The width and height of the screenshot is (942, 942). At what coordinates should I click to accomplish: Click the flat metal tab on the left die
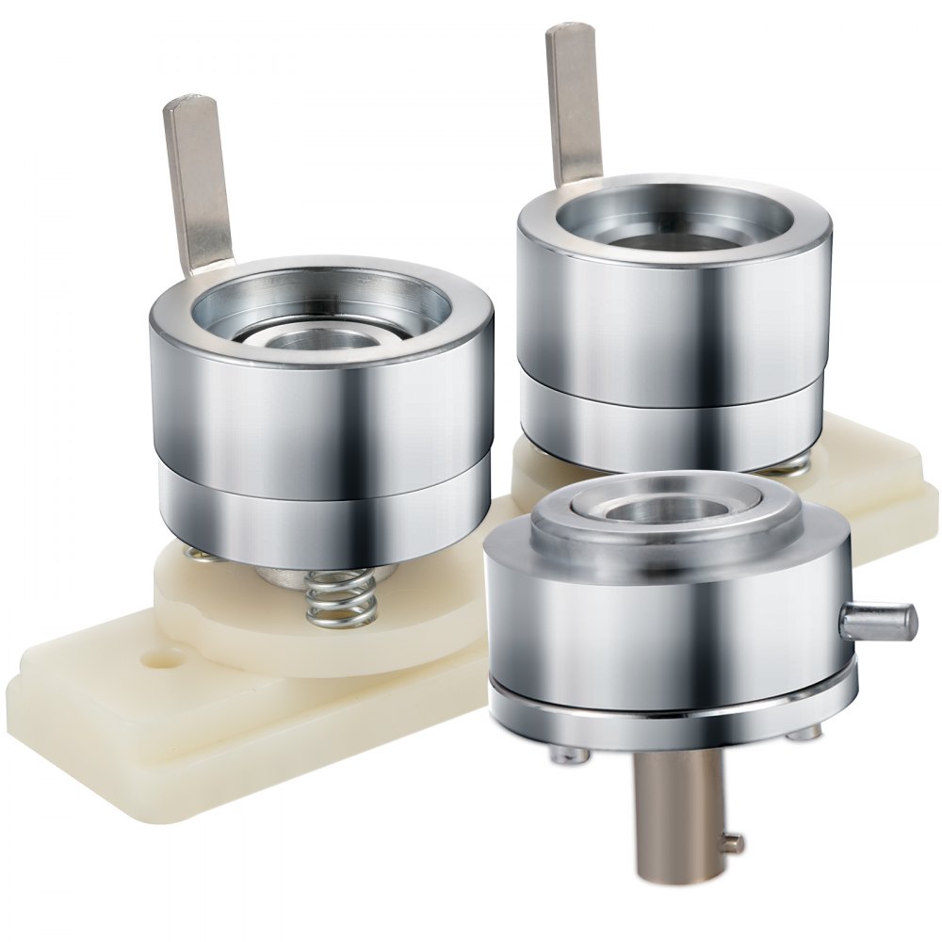(198, 179)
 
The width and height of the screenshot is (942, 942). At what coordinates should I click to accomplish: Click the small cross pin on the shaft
(732, 841)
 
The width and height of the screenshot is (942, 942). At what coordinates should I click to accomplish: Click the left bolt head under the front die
(563, 753)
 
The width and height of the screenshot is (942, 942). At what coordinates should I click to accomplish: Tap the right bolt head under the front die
(803, 730)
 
